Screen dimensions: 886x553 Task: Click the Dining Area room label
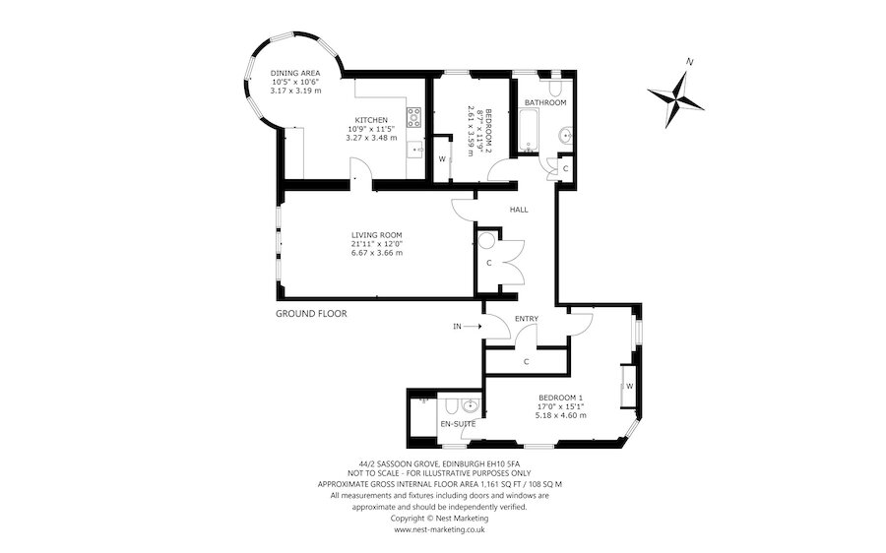pos(295,73)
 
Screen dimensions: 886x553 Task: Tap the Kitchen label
pos(371,120)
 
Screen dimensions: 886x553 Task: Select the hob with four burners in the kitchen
pos(414,117)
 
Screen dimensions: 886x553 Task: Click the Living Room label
pos(377,235)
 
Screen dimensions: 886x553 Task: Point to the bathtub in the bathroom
pos(529,131)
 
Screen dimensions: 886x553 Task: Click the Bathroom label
pos(545,102)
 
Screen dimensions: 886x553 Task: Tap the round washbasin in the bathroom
pos(565,136)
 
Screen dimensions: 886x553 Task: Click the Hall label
pos(519,210)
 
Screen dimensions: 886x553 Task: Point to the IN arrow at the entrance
pos(473,326)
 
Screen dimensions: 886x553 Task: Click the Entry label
pos(527,319)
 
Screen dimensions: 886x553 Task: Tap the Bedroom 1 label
pos(560,397)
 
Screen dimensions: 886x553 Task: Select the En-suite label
pos(458,424)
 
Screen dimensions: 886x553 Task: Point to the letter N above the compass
pos(689,61)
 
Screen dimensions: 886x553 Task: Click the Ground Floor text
pos(311,314)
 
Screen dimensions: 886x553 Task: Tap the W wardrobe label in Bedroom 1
pos(629,387)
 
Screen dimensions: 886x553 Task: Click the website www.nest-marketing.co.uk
pos(439,529)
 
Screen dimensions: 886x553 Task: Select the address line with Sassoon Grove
pos(439,462)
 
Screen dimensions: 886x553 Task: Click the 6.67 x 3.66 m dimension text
pos(377,253)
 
